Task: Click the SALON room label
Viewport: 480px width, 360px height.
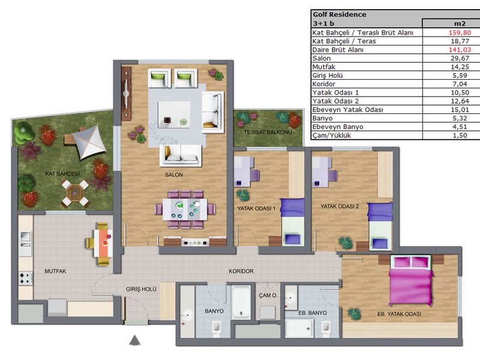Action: coord(174,175)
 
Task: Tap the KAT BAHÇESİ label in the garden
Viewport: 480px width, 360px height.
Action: coord(62,174)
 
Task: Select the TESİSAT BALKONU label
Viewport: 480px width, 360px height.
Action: coord(268,132)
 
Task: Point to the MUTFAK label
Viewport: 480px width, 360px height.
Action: coord(55,271)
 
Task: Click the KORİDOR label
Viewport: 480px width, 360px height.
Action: coord(241,271)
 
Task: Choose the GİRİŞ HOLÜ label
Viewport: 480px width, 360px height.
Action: coord(141,289)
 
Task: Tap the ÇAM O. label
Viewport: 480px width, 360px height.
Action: coord(268,295)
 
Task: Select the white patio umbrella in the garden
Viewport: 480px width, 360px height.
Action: coord(89,143)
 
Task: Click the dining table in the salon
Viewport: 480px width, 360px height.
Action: coord(185,209)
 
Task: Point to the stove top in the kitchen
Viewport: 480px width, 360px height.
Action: coord(25,278)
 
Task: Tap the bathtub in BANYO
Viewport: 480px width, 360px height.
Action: coord(241,302)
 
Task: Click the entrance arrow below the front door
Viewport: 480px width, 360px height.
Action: coord(134,340)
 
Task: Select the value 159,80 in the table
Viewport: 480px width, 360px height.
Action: coord(460,32)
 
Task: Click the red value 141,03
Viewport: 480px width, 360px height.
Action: coord(460,50)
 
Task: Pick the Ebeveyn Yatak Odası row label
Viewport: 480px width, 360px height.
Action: coord(347,110)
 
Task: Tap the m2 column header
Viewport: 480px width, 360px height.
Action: coord(460,23)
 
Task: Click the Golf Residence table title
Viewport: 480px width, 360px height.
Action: coord(340,14)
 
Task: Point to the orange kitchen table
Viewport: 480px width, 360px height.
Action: coord(103,243)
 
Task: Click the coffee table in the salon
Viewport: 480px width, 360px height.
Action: coord(174,115)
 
